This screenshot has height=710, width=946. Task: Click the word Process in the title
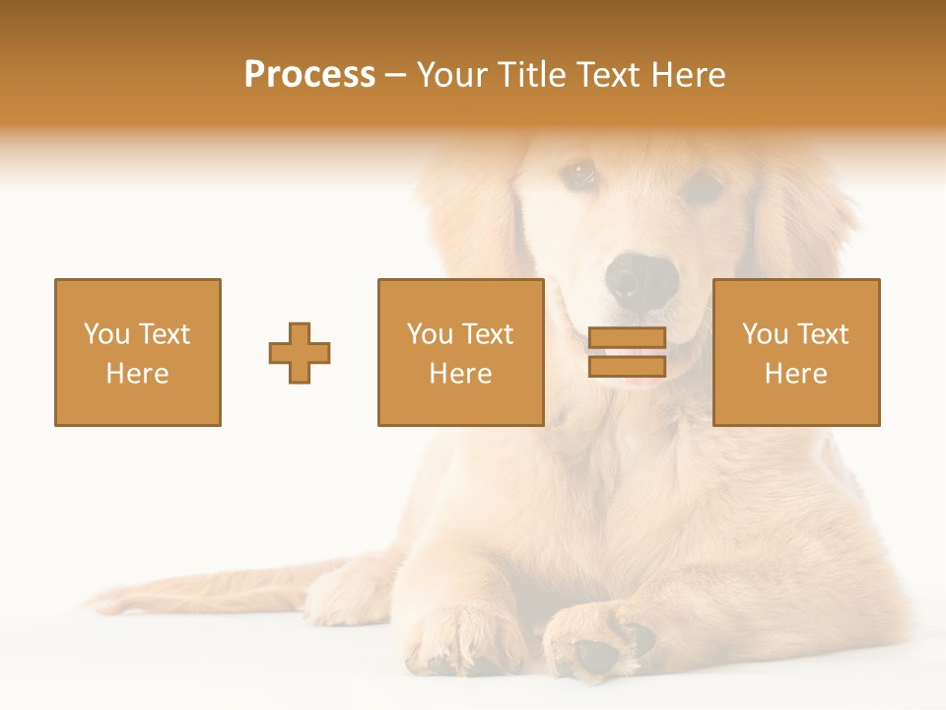(309, 75)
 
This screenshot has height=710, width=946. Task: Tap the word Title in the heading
(527, 75)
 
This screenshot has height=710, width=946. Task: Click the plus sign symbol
(300, 353)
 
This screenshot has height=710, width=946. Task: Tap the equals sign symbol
(627, 352)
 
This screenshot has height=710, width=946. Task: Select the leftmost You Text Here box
(138, 352)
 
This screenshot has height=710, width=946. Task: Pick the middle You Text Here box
(460, 352)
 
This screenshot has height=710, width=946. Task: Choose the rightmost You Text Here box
(796, 352)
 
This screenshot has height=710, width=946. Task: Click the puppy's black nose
(642, 280)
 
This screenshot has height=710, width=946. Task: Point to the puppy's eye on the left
(579, 175)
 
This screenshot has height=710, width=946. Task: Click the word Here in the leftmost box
(137, 374)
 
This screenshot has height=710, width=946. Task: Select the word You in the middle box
(430, 334)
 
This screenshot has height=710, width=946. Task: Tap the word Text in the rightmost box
(823, 334)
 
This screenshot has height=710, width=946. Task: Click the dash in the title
(396, 75)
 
